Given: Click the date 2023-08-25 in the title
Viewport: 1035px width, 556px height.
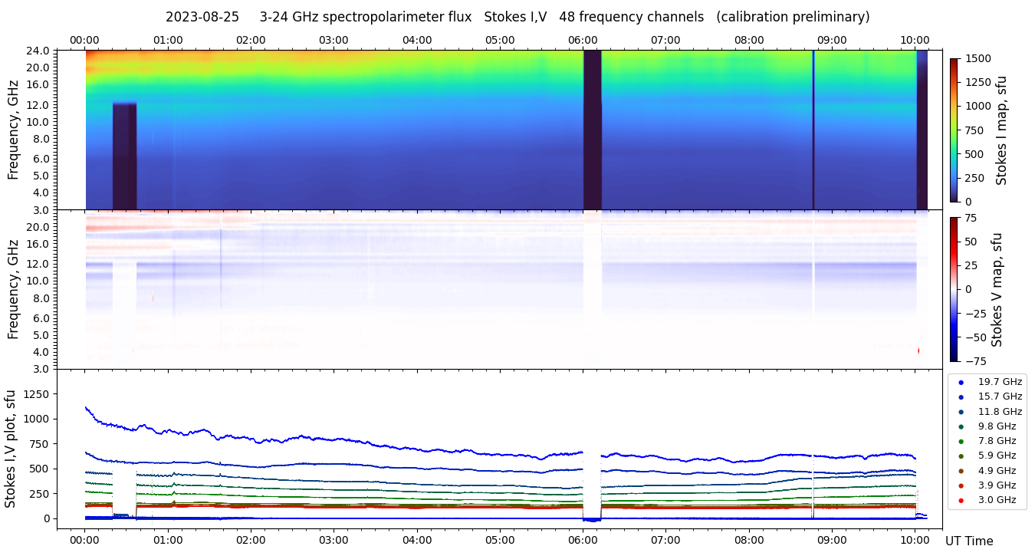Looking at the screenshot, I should [x=202, y=17].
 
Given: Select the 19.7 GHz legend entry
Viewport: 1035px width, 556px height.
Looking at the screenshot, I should [x=1000, y=382].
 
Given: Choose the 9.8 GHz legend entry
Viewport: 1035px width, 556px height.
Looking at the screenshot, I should [x=997, y=426].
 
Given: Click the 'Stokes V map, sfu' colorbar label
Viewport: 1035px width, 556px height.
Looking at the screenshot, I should [x=997, y=289].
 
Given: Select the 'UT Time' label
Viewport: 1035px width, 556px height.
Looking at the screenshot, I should [x=969, y=541].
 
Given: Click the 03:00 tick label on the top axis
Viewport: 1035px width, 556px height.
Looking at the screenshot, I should [x=333, y=40].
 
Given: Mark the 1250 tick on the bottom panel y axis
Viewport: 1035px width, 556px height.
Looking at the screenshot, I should [x=37, y=394].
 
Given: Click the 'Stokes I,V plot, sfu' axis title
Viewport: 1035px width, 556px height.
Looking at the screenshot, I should [x=11, y=448].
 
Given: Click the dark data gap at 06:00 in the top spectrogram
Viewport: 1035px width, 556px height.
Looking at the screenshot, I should [x=592, y=130].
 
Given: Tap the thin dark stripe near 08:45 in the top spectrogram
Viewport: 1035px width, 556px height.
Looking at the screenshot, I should [x=813, y=130].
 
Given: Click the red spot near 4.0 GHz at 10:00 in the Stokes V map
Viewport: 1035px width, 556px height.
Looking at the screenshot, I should [x=918, y=350].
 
